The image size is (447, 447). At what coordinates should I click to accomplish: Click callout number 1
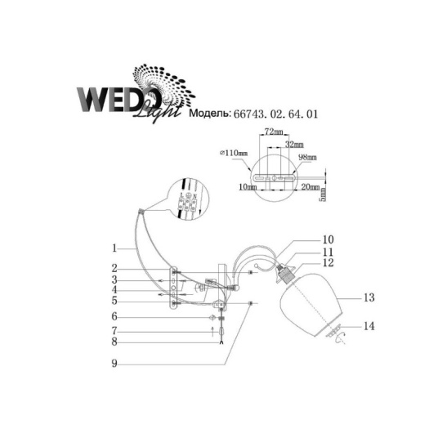coord(117,247)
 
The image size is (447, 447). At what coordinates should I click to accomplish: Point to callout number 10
coord(329,240)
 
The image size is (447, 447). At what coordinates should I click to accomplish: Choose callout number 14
coord(369,326)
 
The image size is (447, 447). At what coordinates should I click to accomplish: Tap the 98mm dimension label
coord(307,157)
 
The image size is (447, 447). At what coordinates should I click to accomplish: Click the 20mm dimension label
coord(310,187)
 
